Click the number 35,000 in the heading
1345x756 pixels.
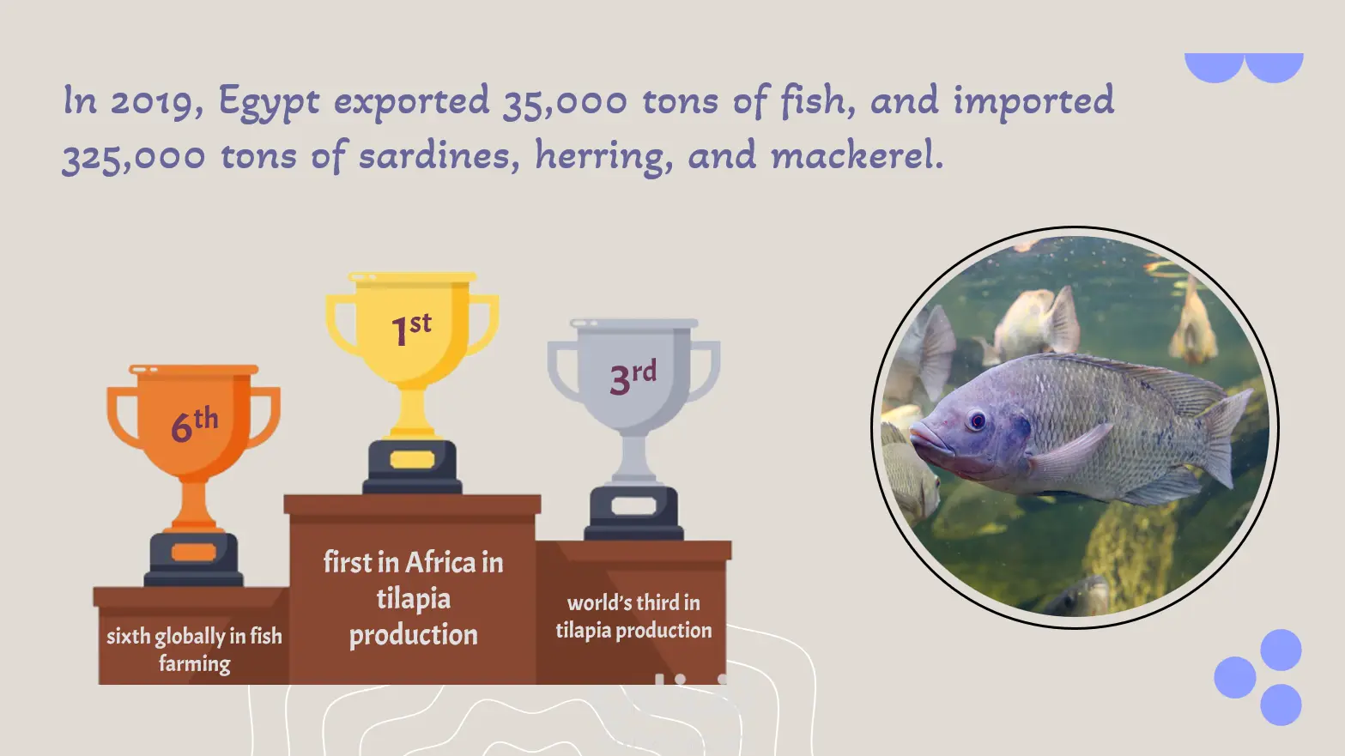pos(565,102)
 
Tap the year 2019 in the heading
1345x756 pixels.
pos(157,102)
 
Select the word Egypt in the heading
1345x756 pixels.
pos(269,102)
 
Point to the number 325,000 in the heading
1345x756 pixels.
pos(134,157)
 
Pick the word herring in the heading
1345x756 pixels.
pos(603,156)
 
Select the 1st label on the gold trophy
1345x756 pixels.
pos(411,329)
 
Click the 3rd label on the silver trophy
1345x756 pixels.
pos(633,377)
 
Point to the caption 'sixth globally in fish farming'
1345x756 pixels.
pos(194,650)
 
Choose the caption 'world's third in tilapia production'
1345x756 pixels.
pos(633,617)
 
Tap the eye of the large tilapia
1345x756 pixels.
pos(978,420)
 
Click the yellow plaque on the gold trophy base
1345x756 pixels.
pos(412,460)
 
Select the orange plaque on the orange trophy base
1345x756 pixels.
pos(193,552)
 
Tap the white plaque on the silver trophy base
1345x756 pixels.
pos(633,506)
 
